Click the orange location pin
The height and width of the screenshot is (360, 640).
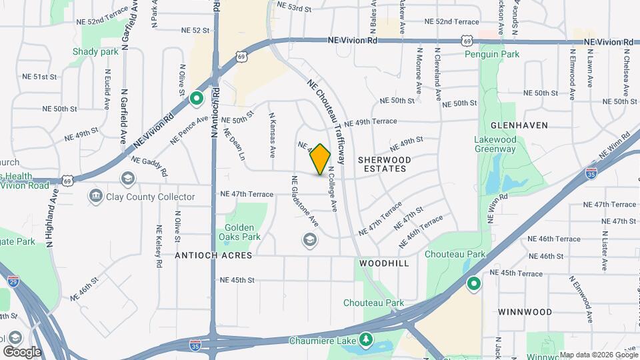(x=321, y=159)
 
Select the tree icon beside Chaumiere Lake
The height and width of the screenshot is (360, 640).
(x=365, y=341)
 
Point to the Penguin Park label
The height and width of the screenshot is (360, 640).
(x=492, y=54)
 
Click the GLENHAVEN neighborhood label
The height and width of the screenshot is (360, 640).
(x=519, y=125)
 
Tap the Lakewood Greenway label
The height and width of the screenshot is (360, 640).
(x=495, y=145)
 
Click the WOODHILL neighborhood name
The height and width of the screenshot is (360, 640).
(x=383, y=264)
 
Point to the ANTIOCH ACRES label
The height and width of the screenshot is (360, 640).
(x=213, y=255)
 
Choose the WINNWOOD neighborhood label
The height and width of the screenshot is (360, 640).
(x=525, y=312)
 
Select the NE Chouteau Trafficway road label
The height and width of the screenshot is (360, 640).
(x=325, y=122)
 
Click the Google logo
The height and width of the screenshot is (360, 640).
(x=22, y=351)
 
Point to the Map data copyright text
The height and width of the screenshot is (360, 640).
(x=599, y=355)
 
